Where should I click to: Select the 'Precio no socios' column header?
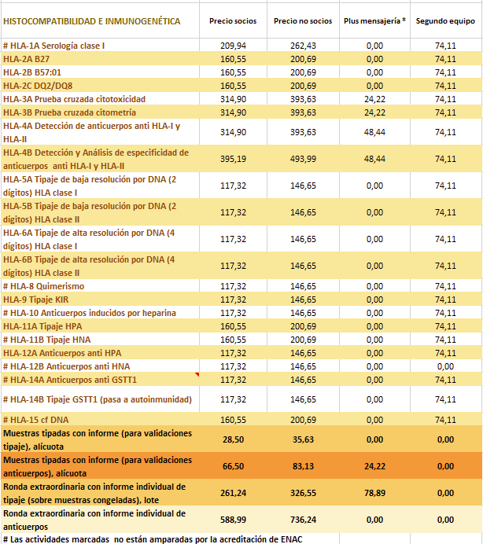pos(303,20)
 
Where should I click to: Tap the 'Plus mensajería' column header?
pos(374,20)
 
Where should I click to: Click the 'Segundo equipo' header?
pos(445,20)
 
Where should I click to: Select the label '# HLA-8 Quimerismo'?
pos(44,286)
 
